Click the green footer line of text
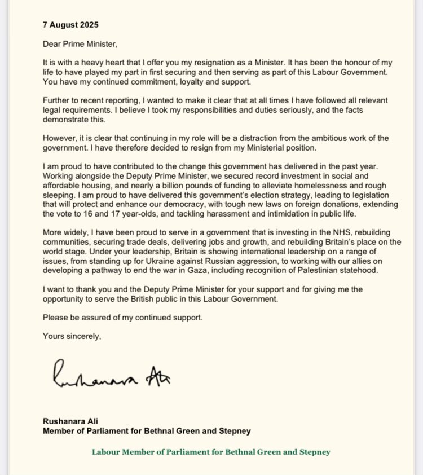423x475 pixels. click(x=211, y=452)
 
